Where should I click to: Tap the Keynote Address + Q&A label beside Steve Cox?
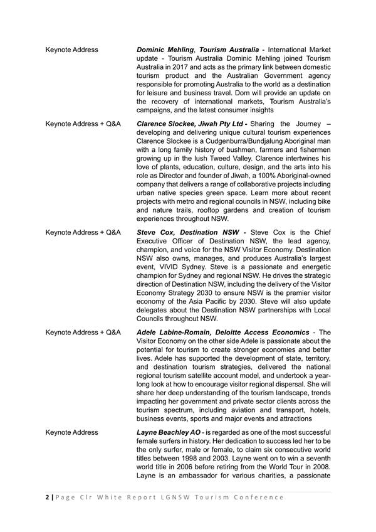tap(83, 232)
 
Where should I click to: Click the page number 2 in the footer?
tap(48, 497)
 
